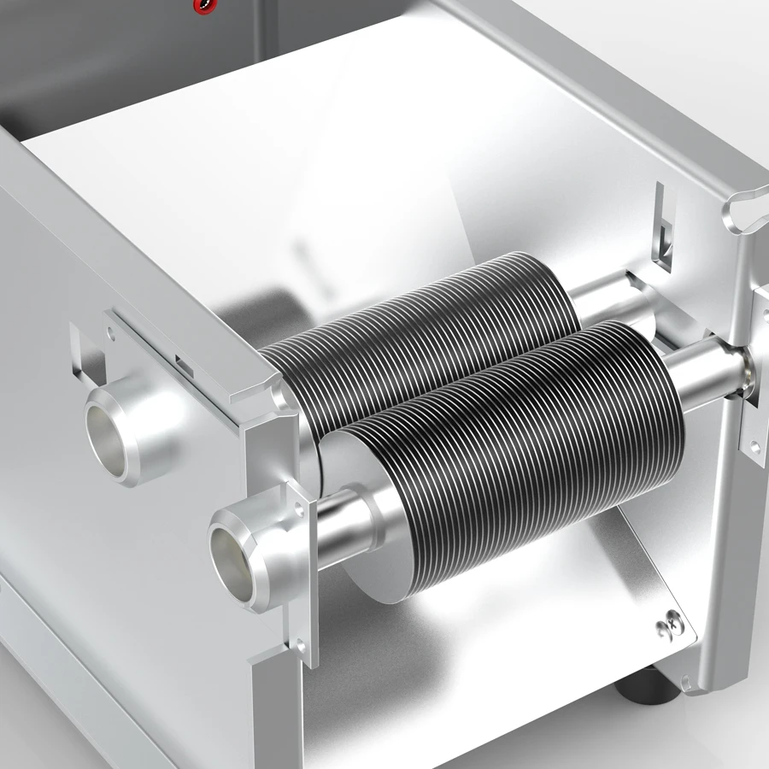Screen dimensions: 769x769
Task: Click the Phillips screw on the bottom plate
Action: click(x=668, y=631)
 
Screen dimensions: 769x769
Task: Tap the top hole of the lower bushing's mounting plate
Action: click(x=298, y=508)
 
